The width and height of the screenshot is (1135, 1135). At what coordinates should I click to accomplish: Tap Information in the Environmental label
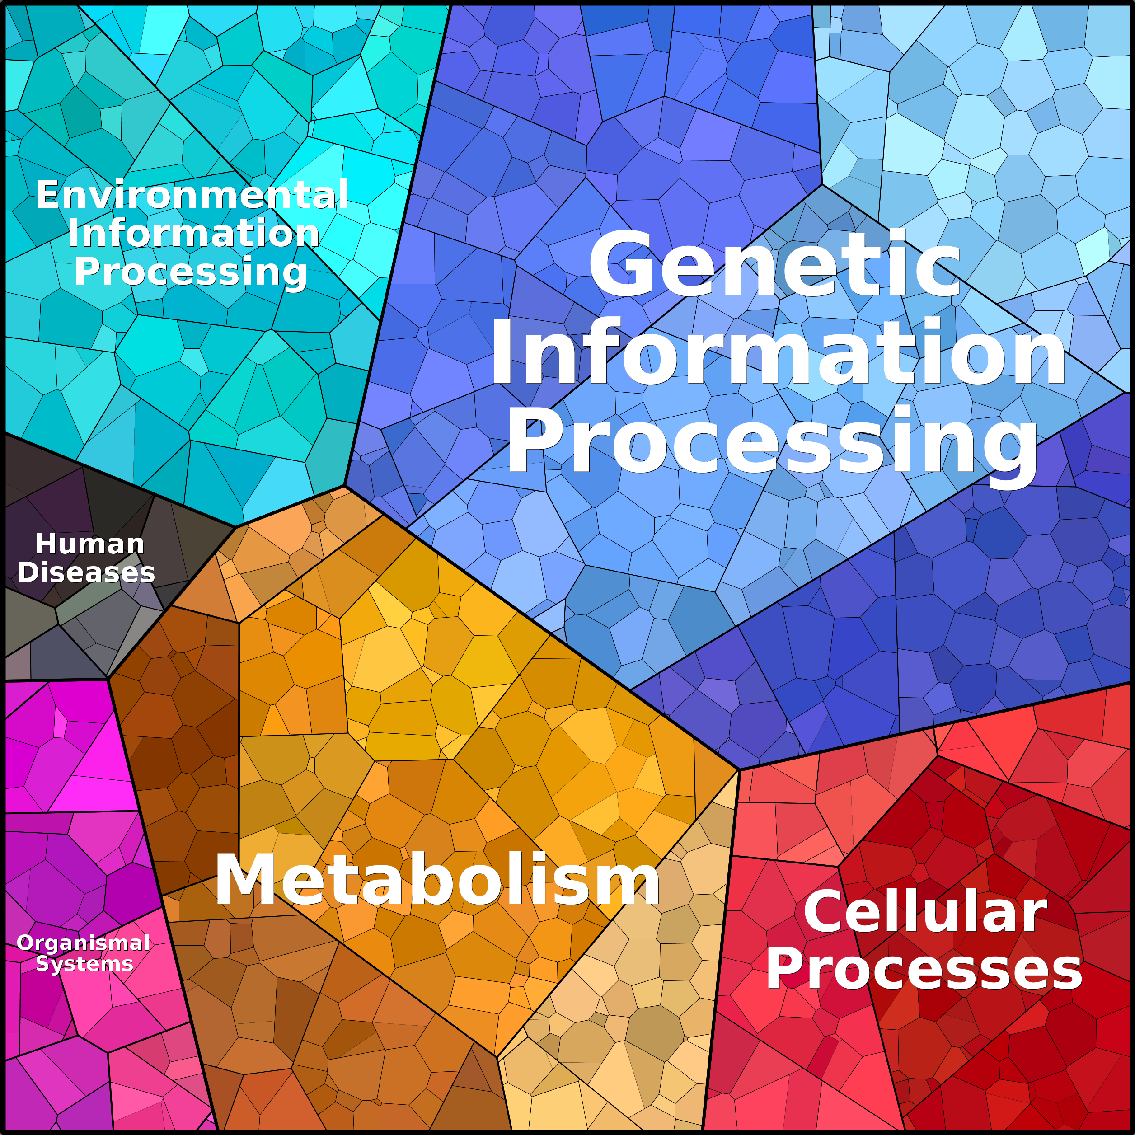pyautogui.click(x=193, y=233)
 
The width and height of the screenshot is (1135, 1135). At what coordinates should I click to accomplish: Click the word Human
pyautogui.click(x=89, y=544)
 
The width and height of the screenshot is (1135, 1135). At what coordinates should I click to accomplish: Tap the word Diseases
pyautogui.click(x=86, y=572)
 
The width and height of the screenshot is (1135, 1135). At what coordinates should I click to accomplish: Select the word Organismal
pyautogui.click(x=84, y=943)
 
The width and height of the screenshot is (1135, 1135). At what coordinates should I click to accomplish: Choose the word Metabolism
pyautogui.click(x=438, y=879)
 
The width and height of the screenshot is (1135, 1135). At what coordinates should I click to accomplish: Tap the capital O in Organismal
pyautogui.click(x=25, y=943)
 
